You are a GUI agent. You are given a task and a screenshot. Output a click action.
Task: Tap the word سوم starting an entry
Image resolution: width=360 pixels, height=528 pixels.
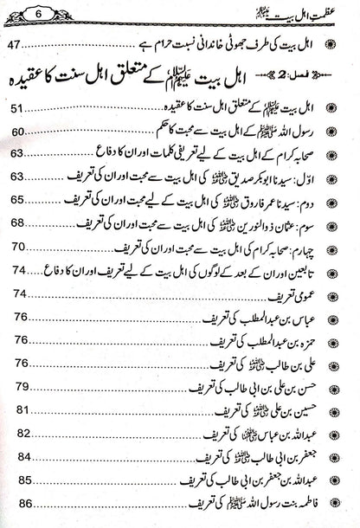[x=332, y=222]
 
